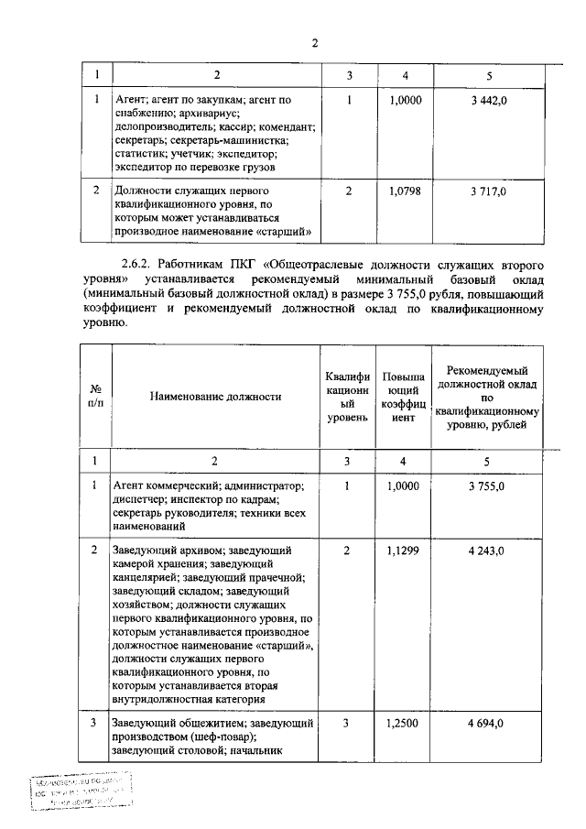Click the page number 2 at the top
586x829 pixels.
pos(313,43)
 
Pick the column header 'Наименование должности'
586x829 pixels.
pos(215,397)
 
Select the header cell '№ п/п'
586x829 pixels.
pos(95,397)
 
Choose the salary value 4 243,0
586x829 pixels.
pos(487,551)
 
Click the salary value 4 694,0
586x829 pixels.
pos(487,724)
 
